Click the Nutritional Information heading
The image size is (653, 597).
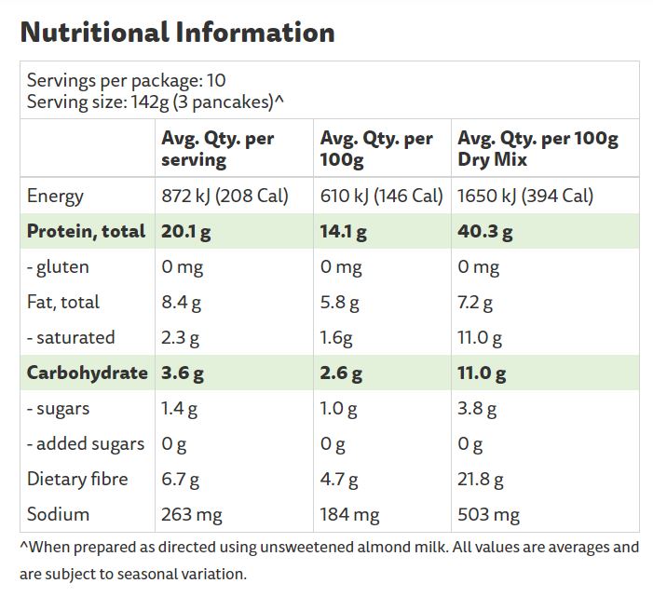pyautogui.click(x=177, y=33)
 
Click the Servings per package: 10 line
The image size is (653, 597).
pyautogui.click(x=127, y=80)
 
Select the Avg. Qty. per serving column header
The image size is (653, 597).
pyautogui.click(x=218, y=149)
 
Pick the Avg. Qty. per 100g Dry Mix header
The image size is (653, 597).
pyautogui.click(x=537, y=149)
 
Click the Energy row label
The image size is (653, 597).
pyautogui.click(x=56, y=196)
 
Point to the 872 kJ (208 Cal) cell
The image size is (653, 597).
pyautogui.click(x=224, y=196)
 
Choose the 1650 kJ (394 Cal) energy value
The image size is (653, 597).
pyautogui.click(x=525, y=196)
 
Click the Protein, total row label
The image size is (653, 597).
pyautogui.click(x=87, y=231)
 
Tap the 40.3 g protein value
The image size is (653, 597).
pyautogui.click(x=484, y=231)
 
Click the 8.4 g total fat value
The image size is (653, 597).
pyautogui.click(x=182, y=302)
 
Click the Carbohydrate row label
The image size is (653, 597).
pyautogui.click(x=87, y=373)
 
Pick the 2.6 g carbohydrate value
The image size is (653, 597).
pyautogui.click(x=340, y=373)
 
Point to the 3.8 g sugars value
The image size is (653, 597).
pyautogui.click(x=477, y=408)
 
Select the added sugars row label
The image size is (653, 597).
pyautogui.click(x=86, y=443)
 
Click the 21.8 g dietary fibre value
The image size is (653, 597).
pyautogui.click(x=481, y=479)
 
